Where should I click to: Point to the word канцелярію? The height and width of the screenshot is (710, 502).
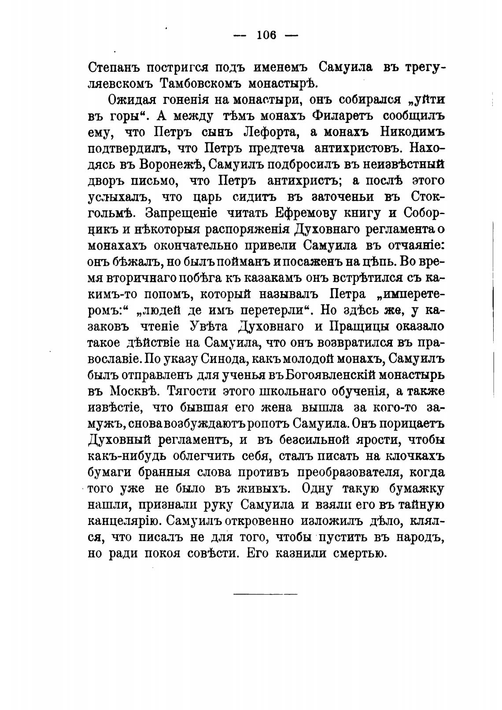[x=123, y=521]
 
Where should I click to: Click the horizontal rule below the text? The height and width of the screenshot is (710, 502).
[x=265, y=594]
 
